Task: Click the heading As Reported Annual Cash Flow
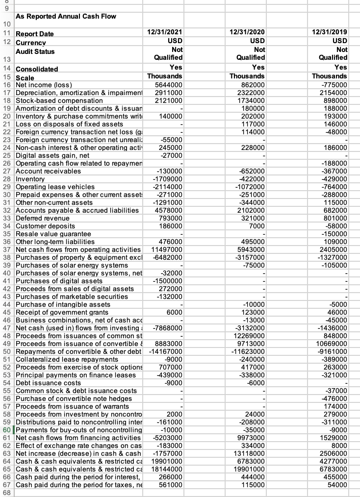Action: (66, 16)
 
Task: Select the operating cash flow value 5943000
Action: (249, 249)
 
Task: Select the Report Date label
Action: (35, 34)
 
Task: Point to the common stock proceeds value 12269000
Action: (247, 336)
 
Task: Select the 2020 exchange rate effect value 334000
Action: (251, 446)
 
